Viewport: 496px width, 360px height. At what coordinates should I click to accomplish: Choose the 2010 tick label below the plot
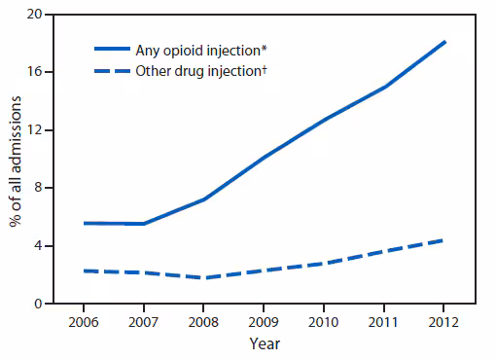324,320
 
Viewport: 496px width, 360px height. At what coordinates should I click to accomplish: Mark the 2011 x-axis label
383,320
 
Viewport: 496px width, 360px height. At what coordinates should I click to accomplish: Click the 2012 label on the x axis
443,320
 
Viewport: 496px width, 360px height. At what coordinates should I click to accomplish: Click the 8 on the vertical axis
37,188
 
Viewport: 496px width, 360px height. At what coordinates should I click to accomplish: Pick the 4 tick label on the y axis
37,245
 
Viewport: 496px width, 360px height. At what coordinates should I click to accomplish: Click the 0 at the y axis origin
37,304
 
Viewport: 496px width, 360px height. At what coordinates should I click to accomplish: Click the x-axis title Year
265,343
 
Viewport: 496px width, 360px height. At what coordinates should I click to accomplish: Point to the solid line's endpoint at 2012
444,42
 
